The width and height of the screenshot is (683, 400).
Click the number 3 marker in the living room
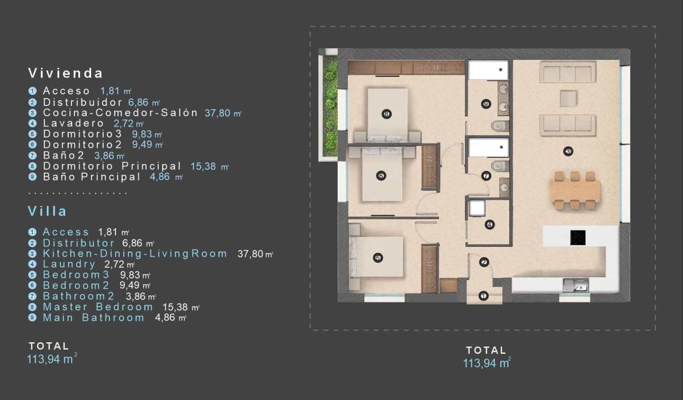[x=569, y=152]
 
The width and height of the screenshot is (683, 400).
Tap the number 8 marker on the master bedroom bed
[x=387, y=113]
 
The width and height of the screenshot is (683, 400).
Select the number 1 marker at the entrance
[x=483, y=296]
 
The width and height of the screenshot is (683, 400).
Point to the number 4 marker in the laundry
[x=489, y=225]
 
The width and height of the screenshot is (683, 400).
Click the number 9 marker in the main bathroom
[x=486, y=104]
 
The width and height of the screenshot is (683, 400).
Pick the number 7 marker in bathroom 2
[x=486, y=176]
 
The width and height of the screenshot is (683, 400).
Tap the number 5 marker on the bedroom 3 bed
[x=378, y=257]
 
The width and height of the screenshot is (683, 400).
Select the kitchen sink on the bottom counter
[x=574, y=286]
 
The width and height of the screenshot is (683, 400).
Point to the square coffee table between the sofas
[x=568, y=99]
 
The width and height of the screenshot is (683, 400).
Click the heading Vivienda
[x=65, y=73]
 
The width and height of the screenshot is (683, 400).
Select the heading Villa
[x=47, y=211]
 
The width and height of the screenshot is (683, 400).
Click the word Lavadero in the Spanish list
[x=74, y=123]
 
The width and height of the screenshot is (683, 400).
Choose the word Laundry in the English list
[x=69, y=264]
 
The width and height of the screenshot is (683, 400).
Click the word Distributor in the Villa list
[x=79, y=243]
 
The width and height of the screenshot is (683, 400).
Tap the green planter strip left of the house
[x=330, y=106]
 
